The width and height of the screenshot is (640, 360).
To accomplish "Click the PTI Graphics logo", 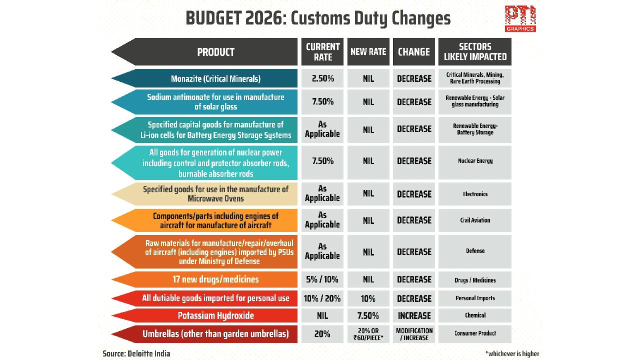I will pyautogui.click(x=520, y=18).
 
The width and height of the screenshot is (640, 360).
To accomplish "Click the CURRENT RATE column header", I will pyautogui.click(x=322, y=51).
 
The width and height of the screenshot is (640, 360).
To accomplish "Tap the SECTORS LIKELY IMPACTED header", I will pyautogui.click(x=475, y=51).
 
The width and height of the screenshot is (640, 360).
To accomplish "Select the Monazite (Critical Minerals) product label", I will pyautogui.click(x=215, y=78).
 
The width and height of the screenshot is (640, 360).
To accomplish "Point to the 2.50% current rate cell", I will pyautogui.click(x=322, y=78).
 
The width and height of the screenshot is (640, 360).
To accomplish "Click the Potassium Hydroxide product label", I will pyautogui.click(x=215, y=315).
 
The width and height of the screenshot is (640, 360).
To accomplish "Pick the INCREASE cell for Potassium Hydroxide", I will pyautogui.click(x=414, y=315).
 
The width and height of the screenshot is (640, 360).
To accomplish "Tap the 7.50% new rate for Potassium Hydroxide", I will pyautogui.click(x=368, y=315).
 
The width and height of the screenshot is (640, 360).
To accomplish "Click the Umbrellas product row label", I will pyautogui.click(x=215, y=333).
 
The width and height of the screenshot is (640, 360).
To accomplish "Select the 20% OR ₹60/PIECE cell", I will pyautogui.click(x=368, y=333).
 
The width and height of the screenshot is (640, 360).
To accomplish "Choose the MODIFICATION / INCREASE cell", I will pyautogui.click(x=414, y=333).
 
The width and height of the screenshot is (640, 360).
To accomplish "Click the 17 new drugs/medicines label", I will pyautogui.click(x=215, y=279).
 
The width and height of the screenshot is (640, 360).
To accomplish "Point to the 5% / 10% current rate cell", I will pyautogui.click(x=322, y=279).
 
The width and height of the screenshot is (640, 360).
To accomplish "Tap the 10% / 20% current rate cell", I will pyautogui.click(x=322, y=298).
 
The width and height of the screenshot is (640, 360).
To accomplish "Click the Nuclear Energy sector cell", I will pyautogui.click(x=475, y=161).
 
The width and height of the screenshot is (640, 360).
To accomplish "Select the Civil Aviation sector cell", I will pyautogui.click(x=475, y=220).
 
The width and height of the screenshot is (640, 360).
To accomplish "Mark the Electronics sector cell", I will pyautogui.click(x=475, y=194).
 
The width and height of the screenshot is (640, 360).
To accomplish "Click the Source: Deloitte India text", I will pyautogui.click(x=136, y=353).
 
